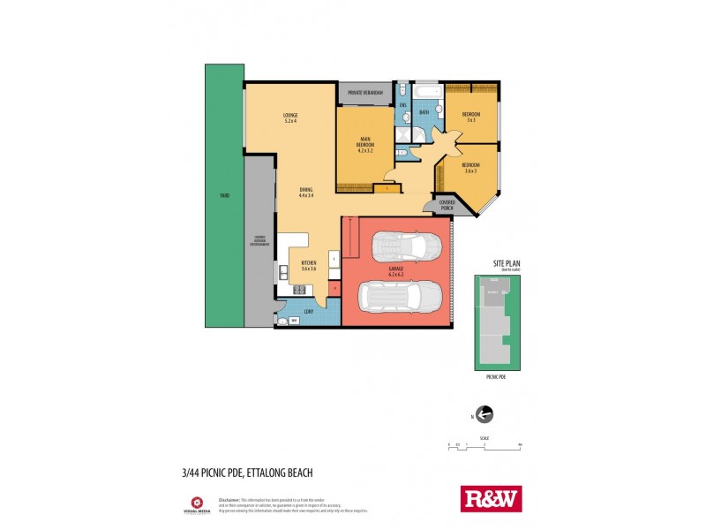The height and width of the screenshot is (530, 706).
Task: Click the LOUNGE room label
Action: click(x=289, y=117)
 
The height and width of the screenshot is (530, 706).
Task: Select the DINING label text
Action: click(x=305, y=193)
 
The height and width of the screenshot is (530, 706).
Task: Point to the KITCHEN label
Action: click(x=309, y=266)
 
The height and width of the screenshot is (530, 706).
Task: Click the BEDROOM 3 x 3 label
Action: click(x=472, y=117)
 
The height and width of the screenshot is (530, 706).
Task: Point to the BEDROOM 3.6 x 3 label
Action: click(x=470, y=168)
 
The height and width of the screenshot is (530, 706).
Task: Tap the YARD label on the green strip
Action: click(x=224, y=195)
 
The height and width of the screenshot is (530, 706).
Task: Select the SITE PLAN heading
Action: click(x=507, y=264)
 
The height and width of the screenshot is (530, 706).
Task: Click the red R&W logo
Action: click(x=492, y=498)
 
